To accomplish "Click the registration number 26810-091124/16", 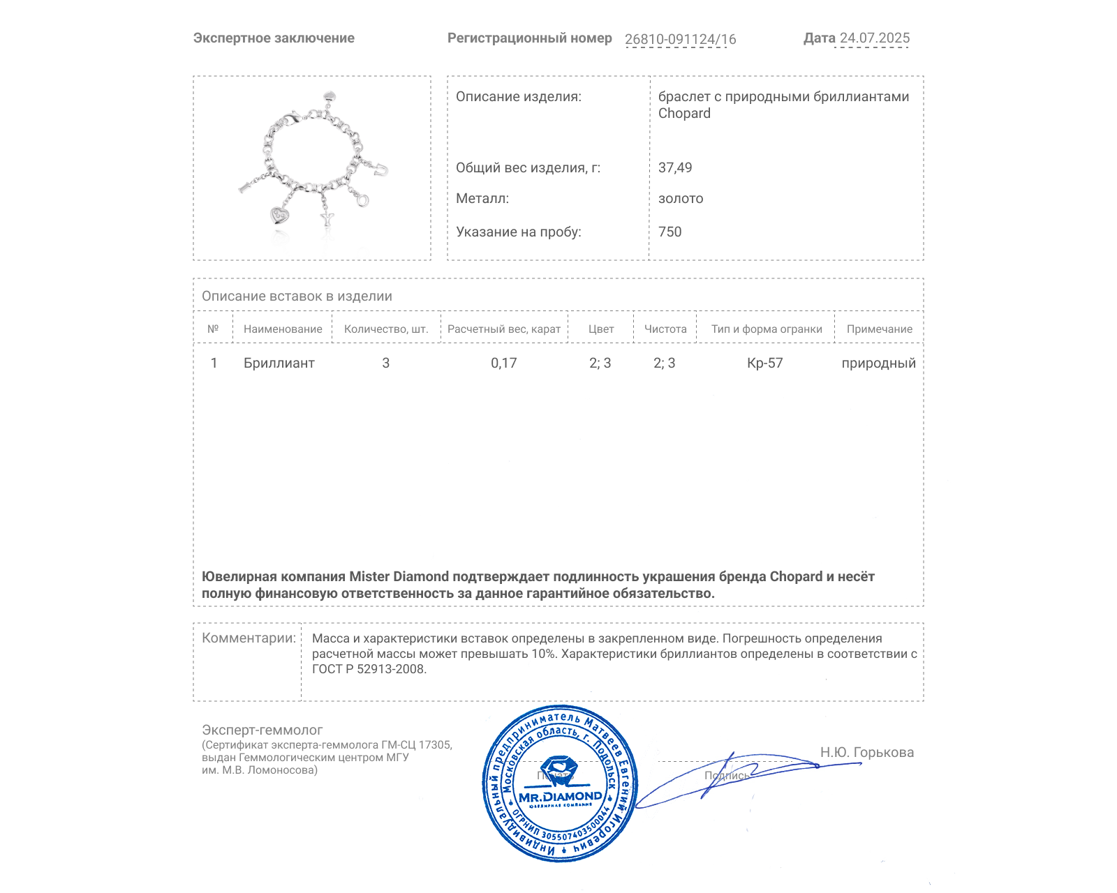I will pos(680,40).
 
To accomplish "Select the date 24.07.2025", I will pos(874,38).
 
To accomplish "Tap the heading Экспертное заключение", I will pos(274,38).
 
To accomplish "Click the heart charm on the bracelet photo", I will pos(280,215).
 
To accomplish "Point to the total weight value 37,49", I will pos(675,167).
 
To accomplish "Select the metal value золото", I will pos(681,199).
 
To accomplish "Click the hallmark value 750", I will pos(670,232).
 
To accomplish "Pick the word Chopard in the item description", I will pos(684,114).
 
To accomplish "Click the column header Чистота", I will pos(665,329).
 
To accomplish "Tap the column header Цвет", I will pos(601,329).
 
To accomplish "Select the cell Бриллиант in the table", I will pos(279,363).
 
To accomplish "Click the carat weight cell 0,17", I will pos(503,363).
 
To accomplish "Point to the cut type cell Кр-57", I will pos(765,363).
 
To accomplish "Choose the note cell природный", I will pos(878,363).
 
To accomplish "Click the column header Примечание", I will pos(879,329).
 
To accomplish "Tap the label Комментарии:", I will pos(249,638).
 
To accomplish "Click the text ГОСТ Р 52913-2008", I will pos(369,669).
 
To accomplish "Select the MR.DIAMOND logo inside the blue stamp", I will pos(560,797).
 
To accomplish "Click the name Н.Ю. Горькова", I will pos(866,752).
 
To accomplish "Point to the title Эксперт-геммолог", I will pos(262,730).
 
